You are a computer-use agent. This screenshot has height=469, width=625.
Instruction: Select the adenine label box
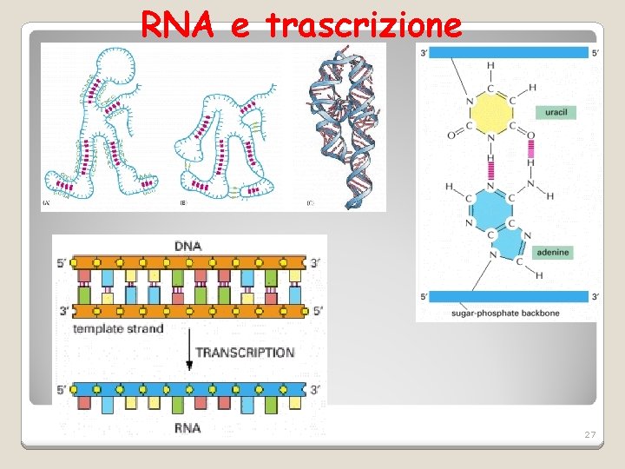tap(553, 253)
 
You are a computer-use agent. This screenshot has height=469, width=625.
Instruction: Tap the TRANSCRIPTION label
tap(245, 353)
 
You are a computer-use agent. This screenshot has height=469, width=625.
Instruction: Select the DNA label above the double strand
tap(187, 246)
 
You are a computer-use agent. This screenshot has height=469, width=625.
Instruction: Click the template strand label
tap(118, 329)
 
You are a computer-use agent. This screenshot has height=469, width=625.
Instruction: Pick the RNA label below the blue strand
tap(187, 427)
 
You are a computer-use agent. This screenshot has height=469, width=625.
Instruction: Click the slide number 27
tap(589, 434)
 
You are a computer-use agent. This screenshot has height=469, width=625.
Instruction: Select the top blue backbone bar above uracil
tap(509, 52)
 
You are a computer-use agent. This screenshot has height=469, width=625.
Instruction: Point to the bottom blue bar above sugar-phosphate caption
tap(509, 296)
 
